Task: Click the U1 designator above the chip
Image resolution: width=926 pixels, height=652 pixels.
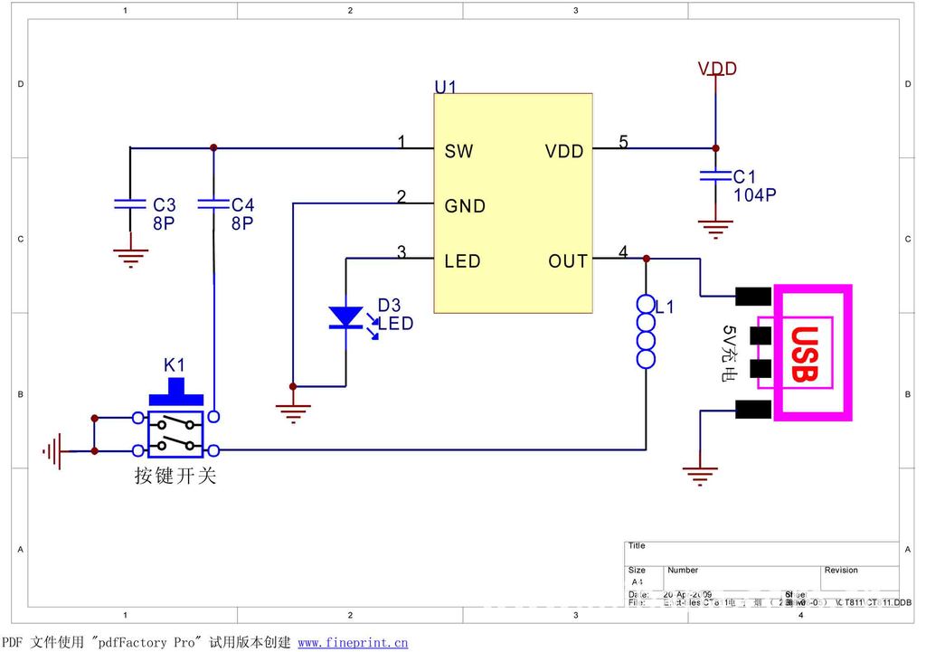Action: coord(446,87)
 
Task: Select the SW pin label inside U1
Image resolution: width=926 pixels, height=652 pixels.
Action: coord(458,151)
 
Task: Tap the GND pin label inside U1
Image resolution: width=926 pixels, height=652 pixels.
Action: coord(465,206)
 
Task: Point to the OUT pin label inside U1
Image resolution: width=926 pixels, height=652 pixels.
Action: coord(568,261)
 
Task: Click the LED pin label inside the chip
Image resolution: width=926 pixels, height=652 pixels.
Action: coord(462,261)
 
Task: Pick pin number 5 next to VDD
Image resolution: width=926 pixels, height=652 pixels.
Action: coord(623,141)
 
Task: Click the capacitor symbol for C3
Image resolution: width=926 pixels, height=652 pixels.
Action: coord(130,204)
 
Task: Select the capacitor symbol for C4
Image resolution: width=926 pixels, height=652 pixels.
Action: coord(213,204)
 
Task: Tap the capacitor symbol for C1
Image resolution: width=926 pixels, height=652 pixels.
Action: coord(715,175)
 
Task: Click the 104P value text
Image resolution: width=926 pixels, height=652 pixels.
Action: coord(754,194)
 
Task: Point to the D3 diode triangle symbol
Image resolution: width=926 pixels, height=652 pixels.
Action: coord(345,317)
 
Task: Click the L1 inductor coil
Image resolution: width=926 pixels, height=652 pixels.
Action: coord(646,331)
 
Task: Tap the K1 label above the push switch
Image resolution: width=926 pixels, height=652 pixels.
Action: coord(175,364)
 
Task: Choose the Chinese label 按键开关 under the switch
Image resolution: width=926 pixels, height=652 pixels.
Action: coord(175,476)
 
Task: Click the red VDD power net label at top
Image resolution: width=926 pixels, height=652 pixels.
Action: coord(717,69)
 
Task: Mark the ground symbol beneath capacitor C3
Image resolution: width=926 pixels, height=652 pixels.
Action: coord(132,259)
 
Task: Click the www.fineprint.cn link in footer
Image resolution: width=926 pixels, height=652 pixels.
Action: coord(353,643)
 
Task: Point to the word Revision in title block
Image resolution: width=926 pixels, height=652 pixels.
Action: coord(841,571)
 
